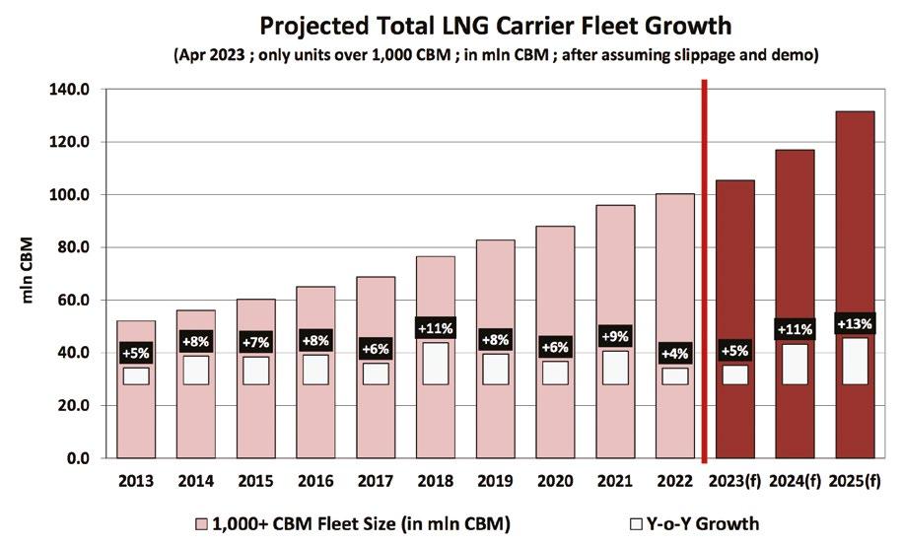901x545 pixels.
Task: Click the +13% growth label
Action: [x=854, y=323]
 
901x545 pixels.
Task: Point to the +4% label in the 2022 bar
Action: [x=675, y=352]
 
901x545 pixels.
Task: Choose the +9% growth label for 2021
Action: [x=615, y=335]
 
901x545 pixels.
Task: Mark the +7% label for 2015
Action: [x=255, y=341]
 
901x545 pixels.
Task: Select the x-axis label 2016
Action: [x=315, y=483]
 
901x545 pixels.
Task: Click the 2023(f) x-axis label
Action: [x=734, y=483]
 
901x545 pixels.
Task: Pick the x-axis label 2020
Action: [x=555, y=483]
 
